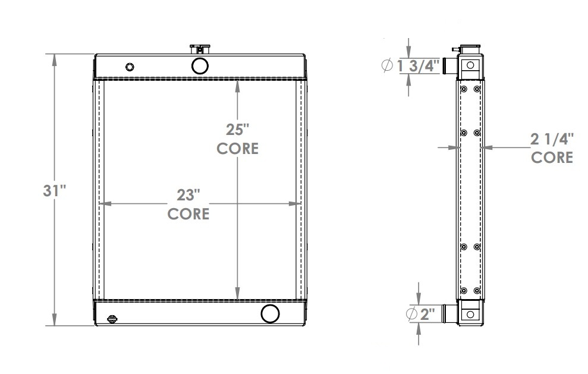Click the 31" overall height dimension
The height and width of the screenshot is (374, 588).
click(54, 191)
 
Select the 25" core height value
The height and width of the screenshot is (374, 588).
click(237, 128)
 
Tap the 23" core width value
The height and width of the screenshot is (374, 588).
click(188, 194)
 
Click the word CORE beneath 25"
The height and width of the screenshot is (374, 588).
click(237, 148)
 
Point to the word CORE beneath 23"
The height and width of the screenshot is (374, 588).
click(188, 213)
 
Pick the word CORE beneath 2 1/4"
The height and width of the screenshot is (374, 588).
click(552, 158)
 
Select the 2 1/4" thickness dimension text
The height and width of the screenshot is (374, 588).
click(552, 139)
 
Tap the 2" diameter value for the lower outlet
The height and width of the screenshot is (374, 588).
click(428, 314)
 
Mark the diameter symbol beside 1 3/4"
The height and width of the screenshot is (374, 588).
click(386, 65)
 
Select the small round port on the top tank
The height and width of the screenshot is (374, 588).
click(130, 66)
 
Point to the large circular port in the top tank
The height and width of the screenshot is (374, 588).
click(199, 64)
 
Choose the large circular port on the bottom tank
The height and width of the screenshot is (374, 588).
click(271, 313)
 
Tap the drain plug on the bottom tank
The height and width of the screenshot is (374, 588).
click(113, 319)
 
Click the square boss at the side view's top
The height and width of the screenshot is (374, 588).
click(470, 65)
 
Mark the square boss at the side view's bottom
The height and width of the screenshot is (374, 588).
click(470, 314)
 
